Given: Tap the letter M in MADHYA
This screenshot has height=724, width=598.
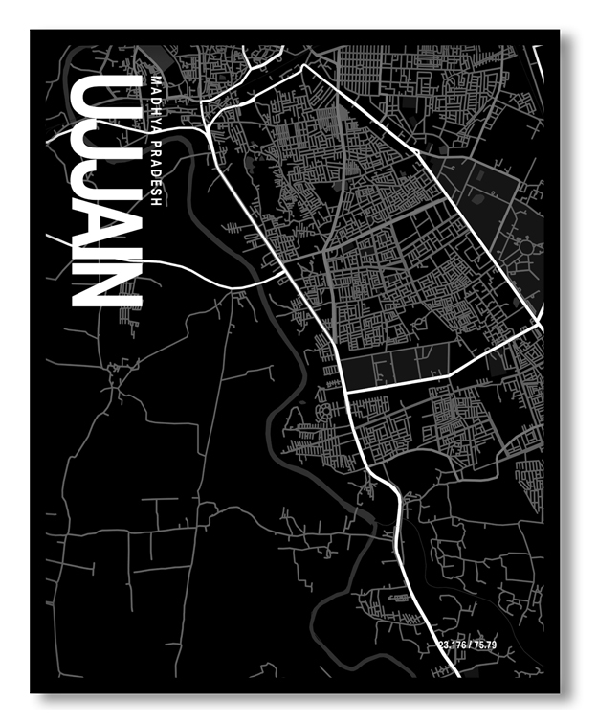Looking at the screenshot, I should (158, 79).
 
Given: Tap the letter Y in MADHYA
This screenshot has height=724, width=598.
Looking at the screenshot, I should (158, 119).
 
